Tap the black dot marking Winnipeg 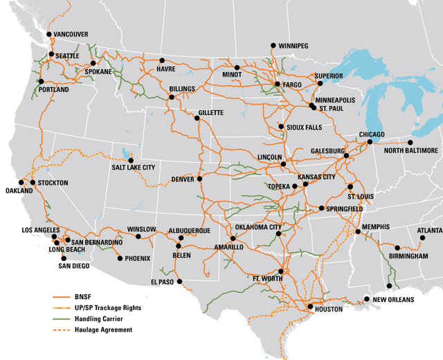pos(273,45)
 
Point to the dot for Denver pos(199,179)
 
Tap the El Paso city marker pos(179,282)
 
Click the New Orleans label pos(393,300)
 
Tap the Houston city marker pos(310,305)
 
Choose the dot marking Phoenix pos(120,258)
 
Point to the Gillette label pos(210,112)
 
